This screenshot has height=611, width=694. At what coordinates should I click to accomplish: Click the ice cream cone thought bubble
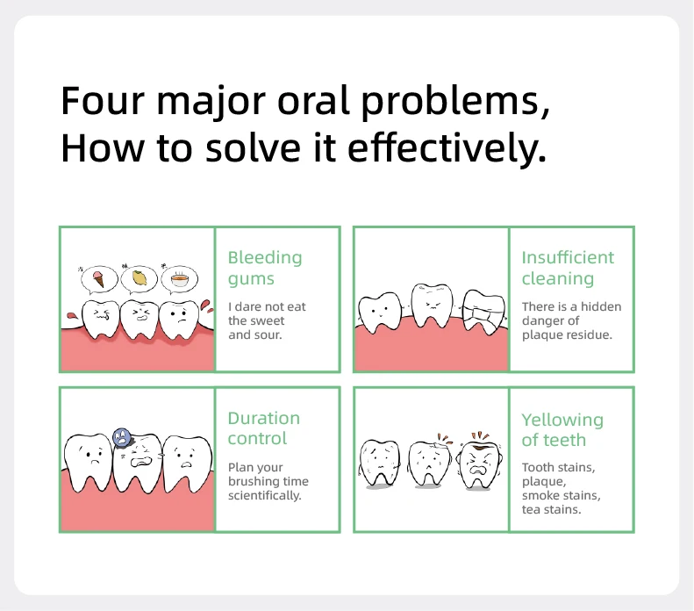coord(97,280)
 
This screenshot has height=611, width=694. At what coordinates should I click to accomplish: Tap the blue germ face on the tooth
coord(122,435)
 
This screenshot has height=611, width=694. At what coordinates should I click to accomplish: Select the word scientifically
coord(264,495)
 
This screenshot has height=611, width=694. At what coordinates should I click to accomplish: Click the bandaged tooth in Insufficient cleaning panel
coord(481,313)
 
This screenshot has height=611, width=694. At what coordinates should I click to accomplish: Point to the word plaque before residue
coord(542,334)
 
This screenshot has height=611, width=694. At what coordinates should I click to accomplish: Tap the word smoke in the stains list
coord(541,495)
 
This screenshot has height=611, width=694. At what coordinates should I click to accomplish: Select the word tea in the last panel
coord(532,509)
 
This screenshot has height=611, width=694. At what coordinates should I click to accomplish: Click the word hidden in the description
coord(602,306)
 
